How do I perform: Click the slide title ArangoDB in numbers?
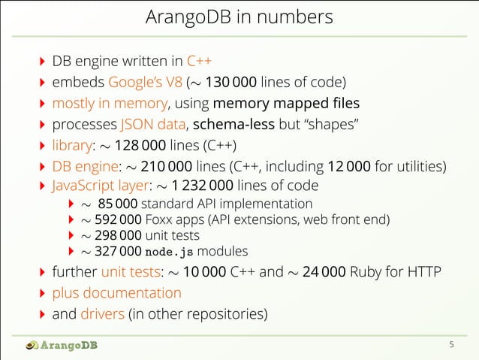coord(239,16)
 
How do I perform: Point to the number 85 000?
coord(118,204)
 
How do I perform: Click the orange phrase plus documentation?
coord(116,292)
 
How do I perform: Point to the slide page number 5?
coord(451,346)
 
